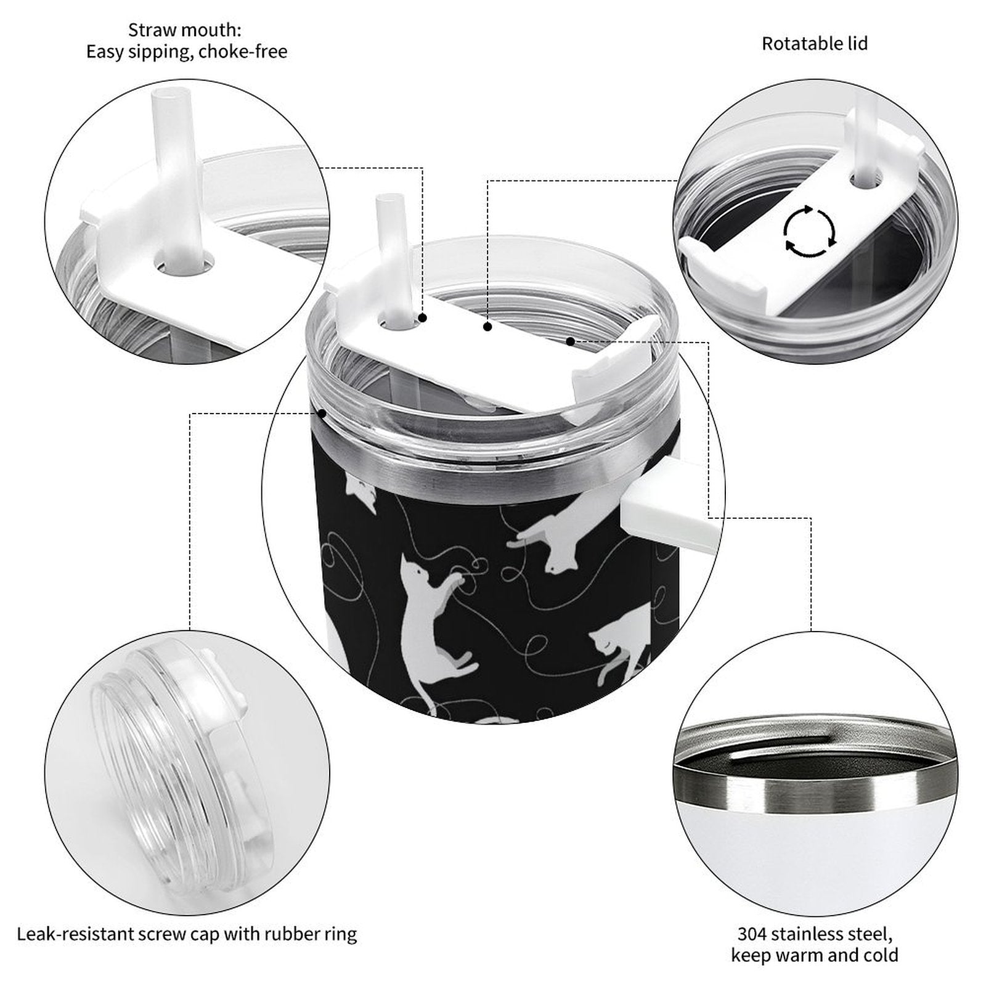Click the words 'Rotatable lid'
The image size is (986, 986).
point(814,44)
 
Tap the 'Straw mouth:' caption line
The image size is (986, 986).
point(185,30)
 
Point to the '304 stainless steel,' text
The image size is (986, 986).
point(815,934)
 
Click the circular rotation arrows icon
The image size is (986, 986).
point(810,231)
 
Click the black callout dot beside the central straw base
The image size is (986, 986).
point(423,318)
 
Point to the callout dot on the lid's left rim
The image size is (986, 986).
point(321,413)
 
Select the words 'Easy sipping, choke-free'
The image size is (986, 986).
point(187,52)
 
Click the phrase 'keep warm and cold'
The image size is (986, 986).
point(815,956)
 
